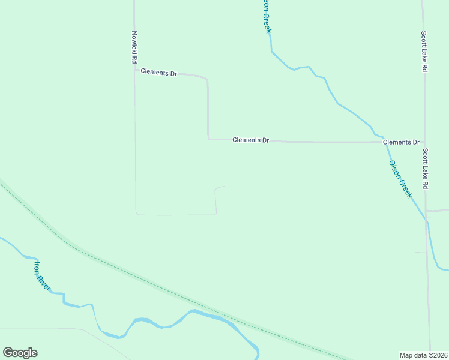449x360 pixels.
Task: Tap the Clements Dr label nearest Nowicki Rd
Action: tap(158, 73)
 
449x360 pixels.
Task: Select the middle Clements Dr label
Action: tap(250, 140)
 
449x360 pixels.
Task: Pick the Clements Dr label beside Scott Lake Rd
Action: tap(401, 142)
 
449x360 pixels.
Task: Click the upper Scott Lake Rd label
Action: tap(424, 52)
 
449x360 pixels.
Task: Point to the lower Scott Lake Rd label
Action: tap(424, 169)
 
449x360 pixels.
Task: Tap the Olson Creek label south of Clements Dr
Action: tap(400, 179)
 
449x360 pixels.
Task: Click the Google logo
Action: tap(20, 353)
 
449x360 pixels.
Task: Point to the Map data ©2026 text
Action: tap(423, 355)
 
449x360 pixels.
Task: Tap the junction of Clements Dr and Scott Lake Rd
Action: tap(424, 142)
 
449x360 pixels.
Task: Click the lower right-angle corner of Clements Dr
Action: tap(209, 139)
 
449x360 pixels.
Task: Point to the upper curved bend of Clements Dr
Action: tap(206, 79)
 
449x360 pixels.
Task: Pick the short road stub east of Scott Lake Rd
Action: tap(438, 211)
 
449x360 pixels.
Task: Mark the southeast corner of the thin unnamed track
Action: tap(215, 214)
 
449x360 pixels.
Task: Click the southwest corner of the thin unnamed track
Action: tap(136, 213)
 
